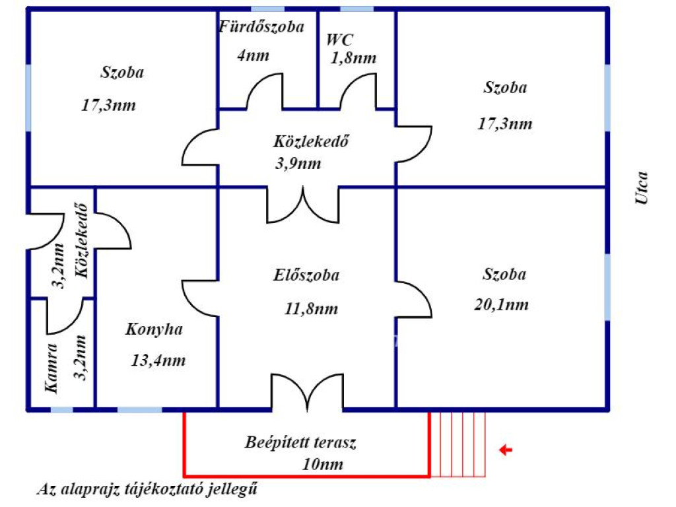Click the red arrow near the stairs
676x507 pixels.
[506, 450]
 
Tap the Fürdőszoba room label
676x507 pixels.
[261, 27]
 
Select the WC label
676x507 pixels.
[340, 38]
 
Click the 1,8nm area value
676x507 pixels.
[354, 57]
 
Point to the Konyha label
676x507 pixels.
[154, 329]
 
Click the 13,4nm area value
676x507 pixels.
[158, 360]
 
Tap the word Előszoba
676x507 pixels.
[306, 275]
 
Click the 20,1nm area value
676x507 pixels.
[502, 304]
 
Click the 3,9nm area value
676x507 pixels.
[298, 163]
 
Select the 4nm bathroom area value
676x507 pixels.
[253, 54]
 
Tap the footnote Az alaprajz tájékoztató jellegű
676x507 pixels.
[147, 490]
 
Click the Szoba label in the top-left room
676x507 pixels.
[122, 72]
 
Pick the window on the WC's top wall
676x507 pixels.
[356, 9]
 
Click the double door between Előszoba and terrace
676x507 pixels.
[308, 393]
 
